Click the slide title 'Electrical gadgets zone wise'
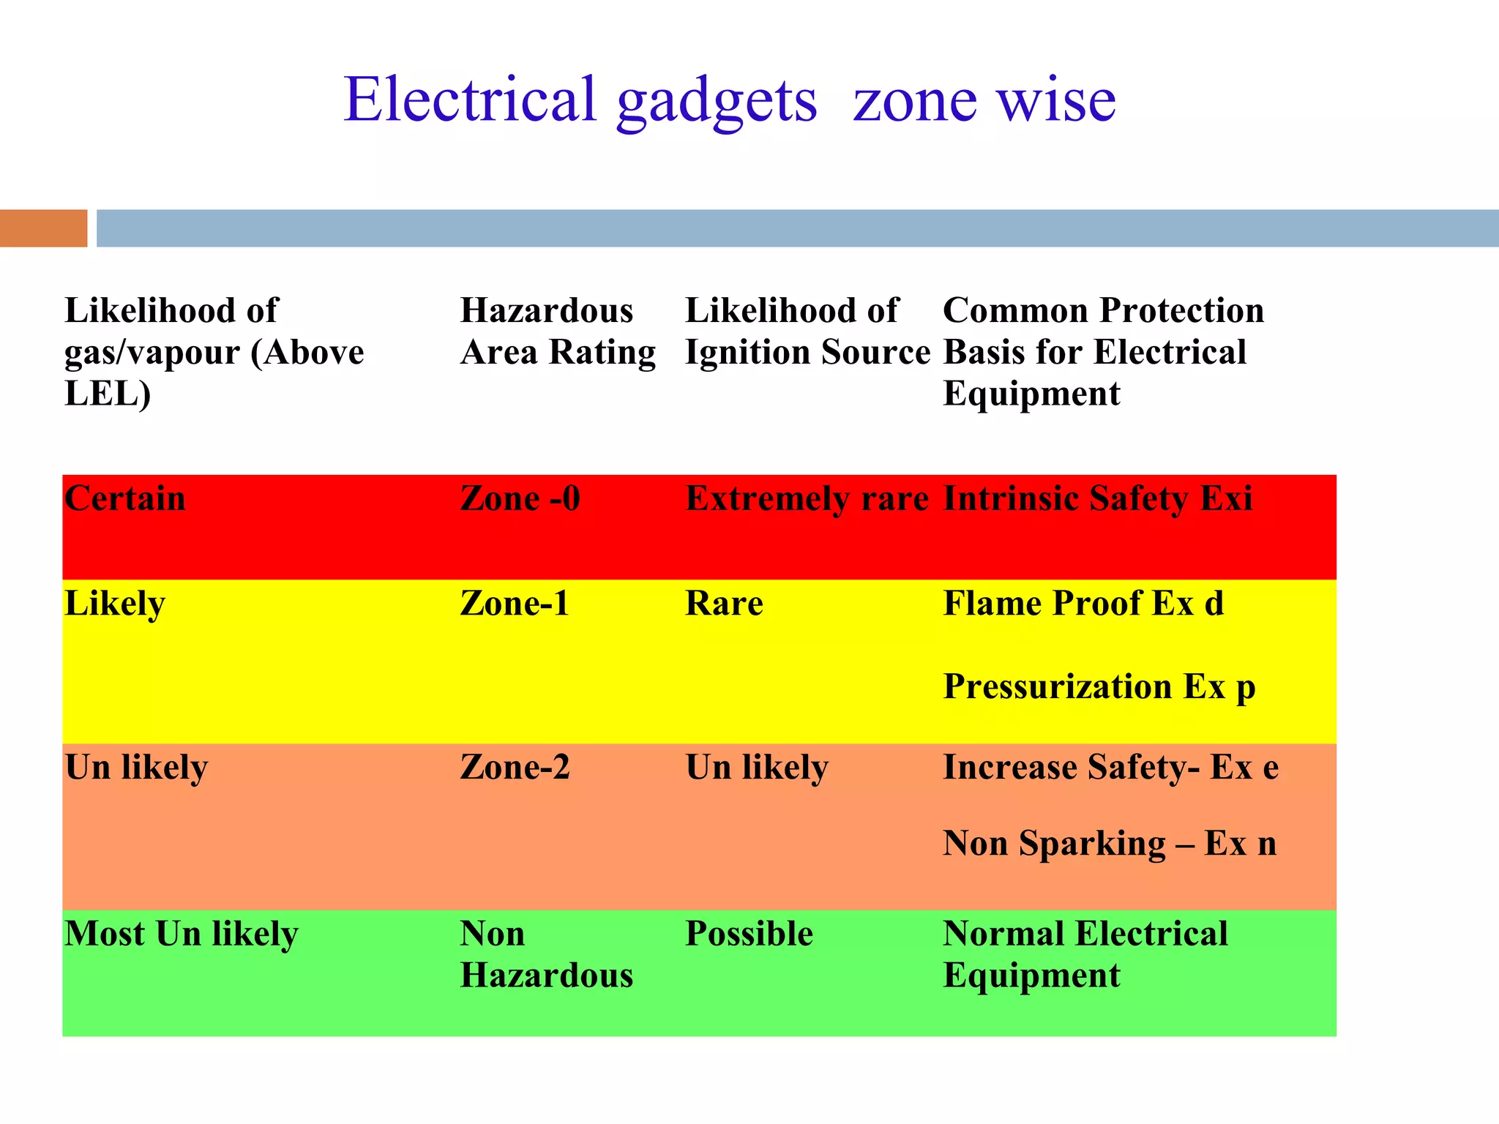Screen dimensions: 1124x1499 [x=730, y=100]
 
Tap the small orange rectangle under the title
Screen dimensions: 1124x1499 [x=43, y=228]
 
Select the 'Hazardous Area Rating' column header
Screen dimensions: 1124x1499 [x=558, y=331]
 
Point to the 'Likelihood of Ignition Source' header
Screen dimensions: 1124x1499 [x=807, y=331]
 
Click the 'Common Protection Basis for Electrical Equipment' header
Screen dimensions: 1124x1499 [x=1103, y=352]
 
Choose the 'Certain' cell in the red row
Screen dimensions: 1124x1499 [x=125, y=499]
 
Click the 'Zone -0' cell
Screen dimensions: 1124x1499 [x=520, y=499]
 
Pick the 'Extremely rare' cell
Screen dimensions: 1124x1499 [x=807, y=499]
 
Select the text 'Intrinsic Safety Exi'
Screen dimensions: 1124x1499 [x=1097, y=499]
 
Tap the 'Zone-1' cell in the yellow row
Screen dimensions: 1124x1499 [x=515, y=604]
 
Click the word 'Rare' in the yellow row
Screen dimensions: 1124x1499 [x=724, y=604]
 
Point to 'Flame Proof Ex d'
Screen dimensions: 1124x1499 [x=1083, y=604]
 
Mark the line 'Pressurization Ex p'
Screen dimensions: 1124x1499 [x=1099, y=687]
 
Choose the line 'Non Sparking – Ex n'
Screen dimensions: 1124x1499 [x=1110, y=844]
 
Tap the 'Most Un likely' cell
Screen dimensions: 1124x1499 [x=182, y=934]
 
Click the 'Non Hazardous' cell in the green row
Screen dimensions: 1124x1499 [x=546, y=955]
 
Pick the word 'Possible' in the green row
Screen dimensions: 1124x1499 [x=749, y=934]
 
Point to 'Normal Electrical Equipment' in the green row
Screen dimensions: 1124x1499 [x=1085, y=955]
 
